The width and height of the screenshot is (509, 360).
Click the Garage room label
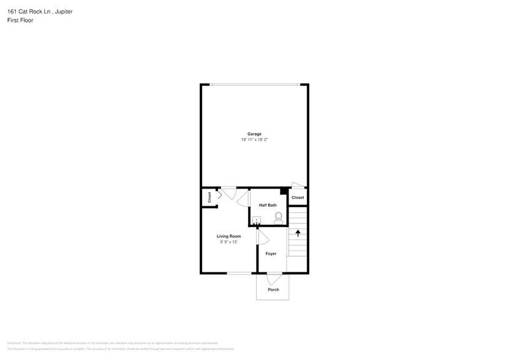tap(254, 134)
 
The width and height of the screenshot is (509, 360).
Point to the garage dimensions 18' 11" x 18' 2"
tap(254, 140)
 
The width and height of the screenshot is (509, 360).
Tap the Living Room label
tap(228, 236)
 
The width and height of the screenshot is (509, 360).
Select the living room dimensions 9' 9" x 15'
tap(228, 242)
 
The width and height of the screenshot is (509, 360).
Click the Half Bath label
tap(268, 205)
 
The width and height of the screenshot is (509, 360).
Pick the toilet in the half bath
tap(279, 217)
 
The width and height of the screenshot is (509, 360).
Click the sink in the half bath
tap(257, 220)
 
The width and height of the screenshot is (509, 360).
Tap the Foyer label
tap(271, 253)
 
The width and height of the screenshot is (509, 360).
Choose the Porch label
tap(273, 290)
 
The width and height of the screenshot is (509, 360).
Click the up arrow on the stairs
tap(298, 233)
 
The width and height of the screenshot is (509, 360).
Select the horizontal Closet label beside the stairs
tap(298, 198)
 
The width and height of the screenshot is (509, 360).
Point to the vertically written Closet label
tap(209, 197)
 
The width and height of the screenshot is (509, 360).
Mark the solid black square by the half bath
tap(284, 192)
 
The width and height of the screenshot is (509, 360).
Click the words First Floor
tap(20, 20)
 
